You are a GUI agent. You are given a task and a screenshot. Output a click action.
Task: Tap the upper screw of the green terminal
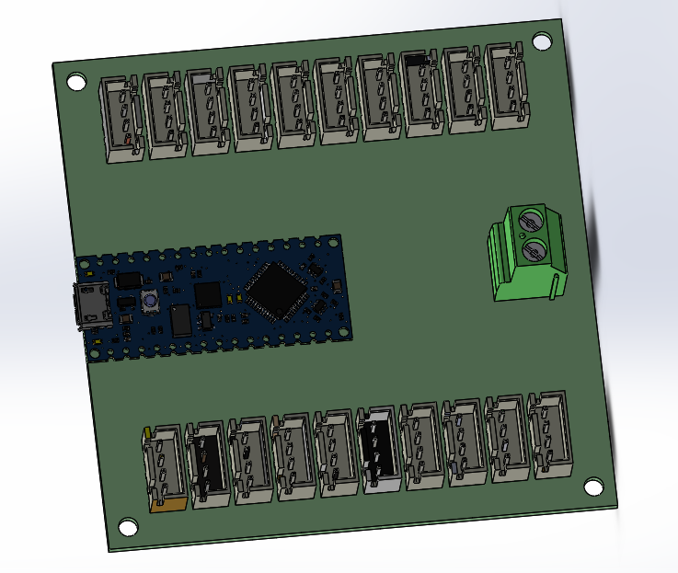click(530, 222)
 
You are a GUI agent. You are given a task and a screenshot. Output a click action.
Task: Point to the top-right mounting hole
click(542, 41)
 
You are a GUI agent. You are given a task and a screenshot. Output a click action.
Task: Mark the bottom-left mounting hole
click(126, 527)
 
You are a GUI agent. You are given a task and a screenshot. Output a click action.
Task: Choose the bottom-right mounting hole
click(593, 486)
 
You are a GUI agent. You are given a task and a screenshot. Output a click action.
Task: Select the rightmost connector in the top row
click(509, 86)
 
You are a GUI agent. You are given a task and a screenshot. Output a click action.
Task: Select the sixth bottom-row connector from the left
click(379, 450)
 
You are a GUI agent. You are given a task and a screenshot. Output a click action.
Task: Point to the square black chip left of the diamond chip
click(209, 295)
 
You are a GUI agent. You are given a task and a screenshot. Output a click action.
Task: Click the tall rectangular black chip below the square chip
click(181, 320)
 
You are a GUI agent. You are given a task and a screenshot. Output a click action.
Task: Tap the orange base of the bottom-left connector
click(169, 501)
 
